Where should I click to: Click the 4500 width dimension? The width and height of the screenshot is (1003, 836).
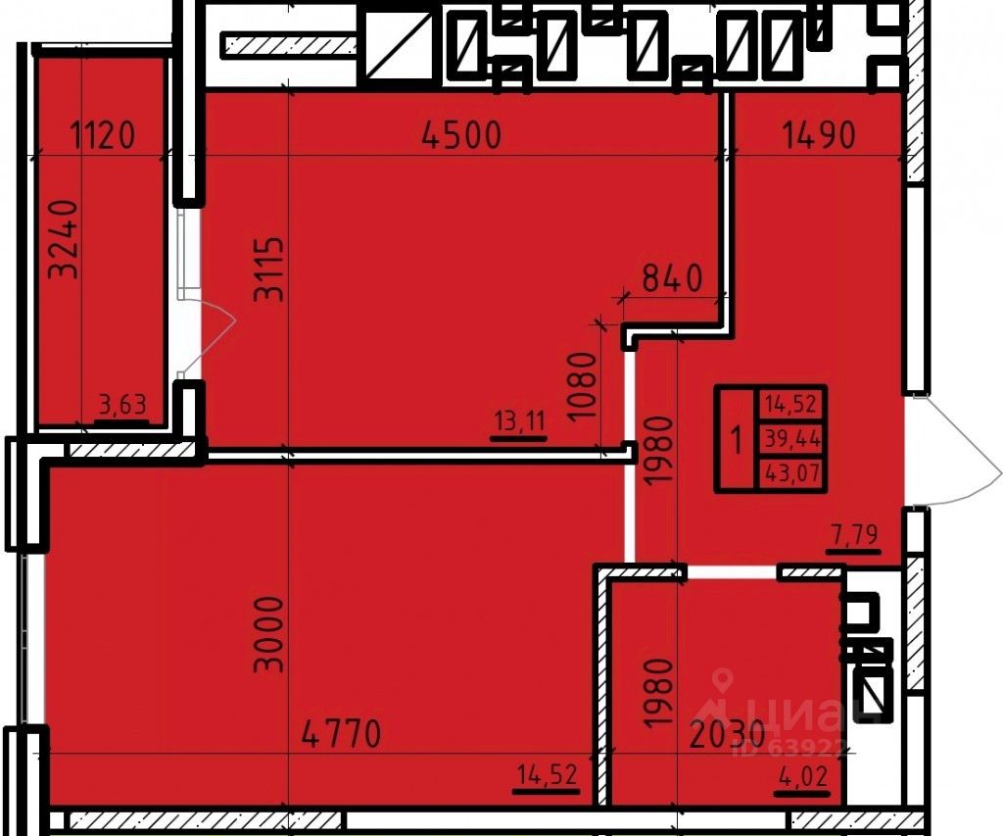(x=460, y=134)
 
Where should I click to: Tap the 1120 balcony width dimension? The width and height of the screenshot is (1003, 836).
(x=103, y=134)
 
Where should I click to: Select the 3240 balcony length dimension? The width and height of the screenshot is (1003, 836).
(x=65, y=239)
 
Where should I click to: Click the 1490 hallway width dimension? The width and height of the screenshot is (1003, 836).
(x=819, y=134)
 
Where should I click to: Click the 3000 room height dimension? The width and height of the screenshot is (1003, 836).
(x=268, y=632)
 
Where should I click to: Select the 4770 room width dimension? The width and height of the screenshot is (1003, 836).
(x=340, y=733)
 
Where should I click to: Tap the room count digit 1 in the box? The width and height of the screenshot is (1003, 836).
(x=736, y=439)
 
